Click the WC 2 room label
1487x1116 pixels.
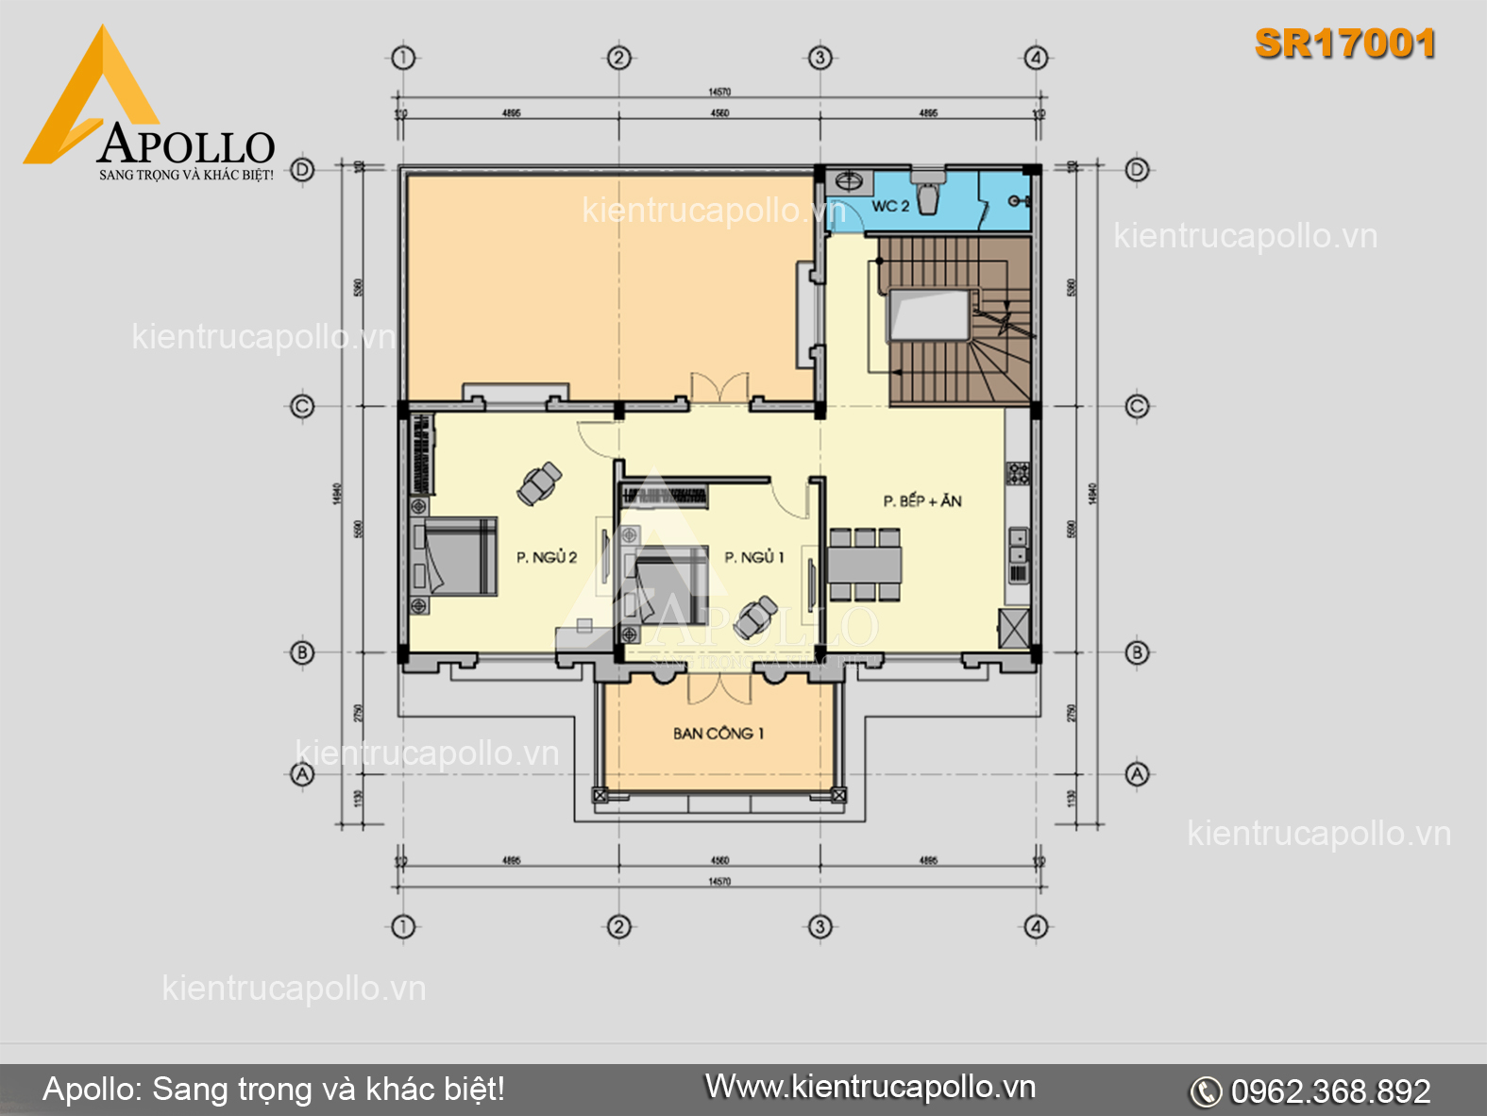889,206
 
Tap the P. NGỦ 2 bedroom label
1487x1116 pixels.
547,557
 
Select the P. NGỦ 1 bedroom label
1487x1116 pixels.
753,557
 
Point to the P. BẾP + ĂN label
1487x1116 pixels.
922,500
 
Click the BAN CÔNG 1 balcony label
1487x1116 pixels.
718,733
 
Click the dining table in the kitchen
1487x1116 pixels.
864,565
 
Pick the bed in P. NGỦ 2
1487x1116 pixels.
458,556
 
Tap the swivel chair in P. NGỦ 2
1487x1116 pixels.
539,484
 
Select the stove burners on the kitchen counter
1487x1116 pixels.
1018,472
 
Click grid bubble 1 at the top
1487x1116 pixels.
403,58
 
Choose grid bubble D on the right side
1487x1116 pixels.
1138,170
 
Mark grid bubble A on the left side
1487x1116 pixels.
302,774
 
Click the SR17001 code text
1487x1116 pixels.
1345,43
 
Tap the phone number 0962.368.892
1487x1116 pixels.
1329,1091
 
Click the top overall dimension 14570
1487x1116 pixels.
719,92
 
